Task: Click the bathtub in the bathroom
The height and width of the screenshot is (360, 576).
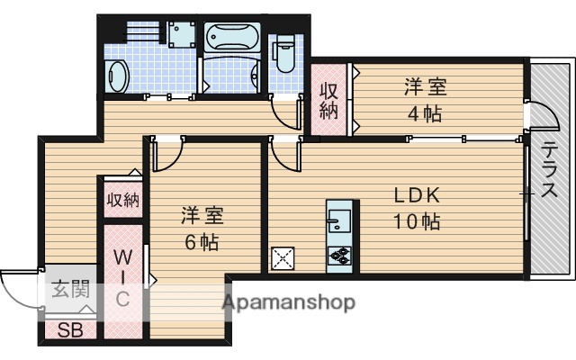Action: point(231,39)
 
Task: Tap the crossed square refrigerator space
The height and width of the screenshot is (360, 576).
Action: point(284,257)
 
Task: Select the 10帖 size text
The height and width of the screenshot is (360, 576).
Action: point(414,221)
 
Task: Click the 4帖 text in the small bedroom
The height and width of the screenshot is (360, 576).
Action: point(425,115)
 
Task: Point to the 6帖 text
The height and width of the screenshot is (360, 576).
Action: point(202,241)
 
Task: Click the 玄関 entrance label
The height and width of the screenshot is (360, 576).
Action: point(69,290)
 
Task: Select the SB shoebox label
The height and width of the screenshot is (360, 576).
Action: point(69,329)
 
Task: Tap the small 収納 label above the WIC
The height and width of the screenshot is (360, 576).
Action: point(121,200)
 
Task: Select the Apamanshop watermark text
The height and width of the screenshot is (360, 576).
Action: point(288,301)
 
